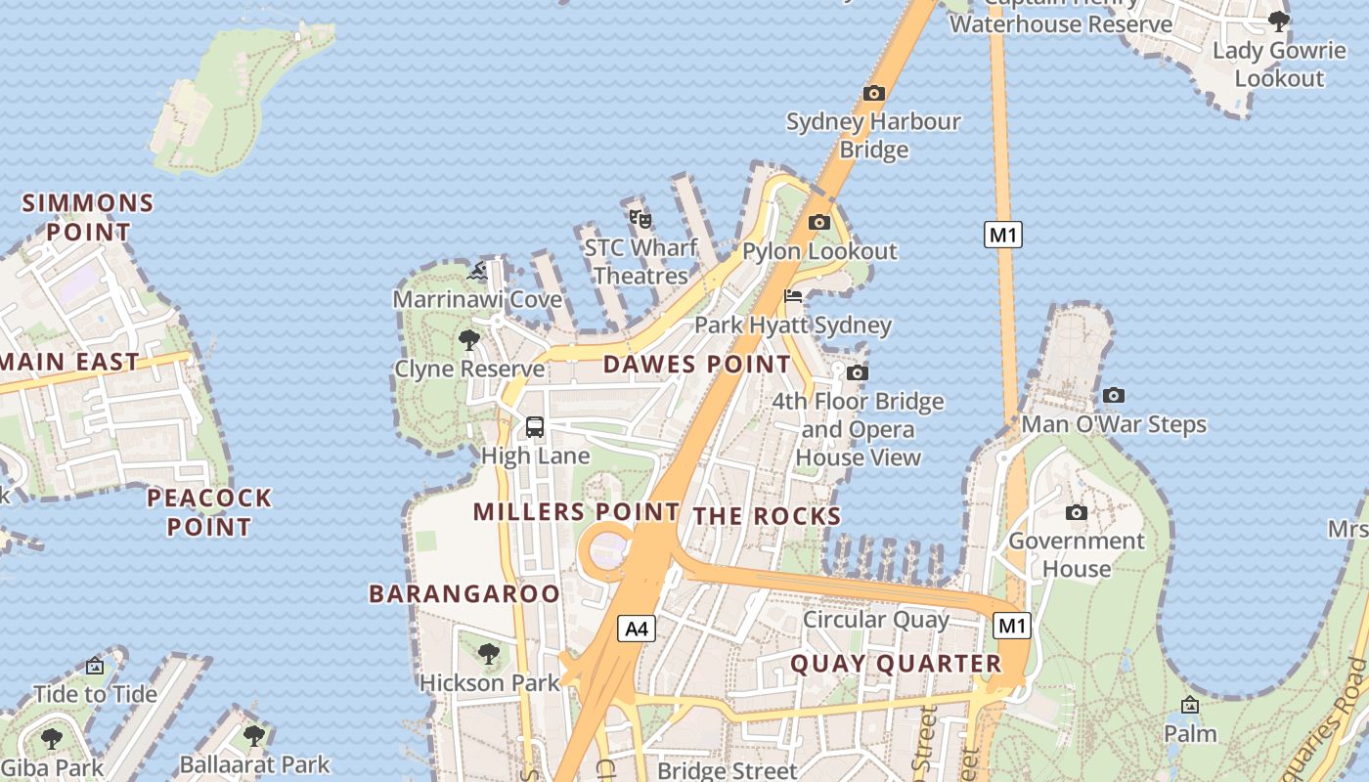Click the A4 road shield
[x=637, y=629]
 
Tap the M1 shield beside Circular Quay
[x=1011, y=626]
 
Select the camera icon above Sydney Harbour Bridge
[x=873, y=94]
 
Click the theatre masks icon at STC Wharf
[x=640, y=218]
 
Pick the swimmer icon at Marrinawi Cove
[x=477, y=271]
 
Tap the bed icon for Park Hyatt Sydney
[x=793, y=296]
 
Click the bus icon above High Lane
[x=535, y=427]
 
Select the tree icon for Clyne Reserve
[x=468, y=340]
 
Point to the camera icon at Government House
[x=1076, y=512]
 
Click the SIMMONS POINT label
[x=88, y=217]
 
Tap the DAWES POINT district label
[x=696, y=365]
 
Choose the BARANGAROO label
[x=464, y=593]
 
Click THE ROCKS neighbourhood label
[x=767, y=516]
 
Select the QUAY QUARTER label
[x=896, y=664]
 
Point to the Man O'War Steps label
[x=1114, y=424]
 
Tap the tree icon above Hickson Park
[x=488, y=653]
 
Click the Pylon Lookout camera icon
[x=818, y=223]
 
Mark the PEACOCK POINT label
[x=208, y=512]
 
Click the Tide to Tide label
[x=95, y=694]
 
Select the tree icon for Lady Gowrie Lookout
[x=1278, y=21]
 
